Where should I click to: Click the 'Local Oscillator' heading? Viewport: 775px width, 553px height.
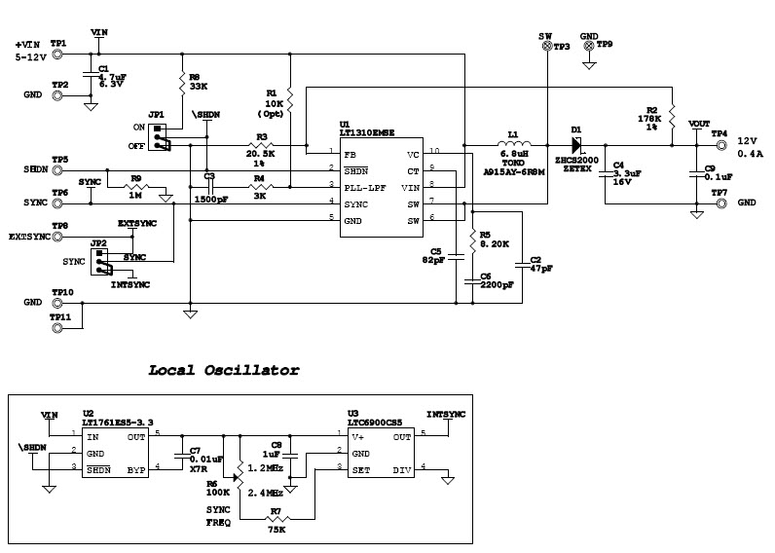click(x=223, y=370)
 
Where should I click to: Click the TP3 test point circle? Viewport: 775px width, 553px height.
click(x=546, y=47)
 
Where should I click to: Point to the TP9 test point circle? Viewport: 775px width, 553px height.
click(x=589, y=46)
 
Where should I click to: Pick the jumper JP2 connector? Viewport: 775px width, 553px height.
click(x=100, y=260)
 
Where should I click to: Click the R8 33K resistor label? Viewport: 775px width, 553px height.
click(x=197, y=82)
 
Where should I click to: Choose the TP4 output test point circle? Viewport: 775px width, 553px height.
click(x=720, y=146)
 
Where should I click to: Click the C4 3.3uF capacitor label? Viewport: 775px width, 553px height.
click(x=623, y=172)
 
